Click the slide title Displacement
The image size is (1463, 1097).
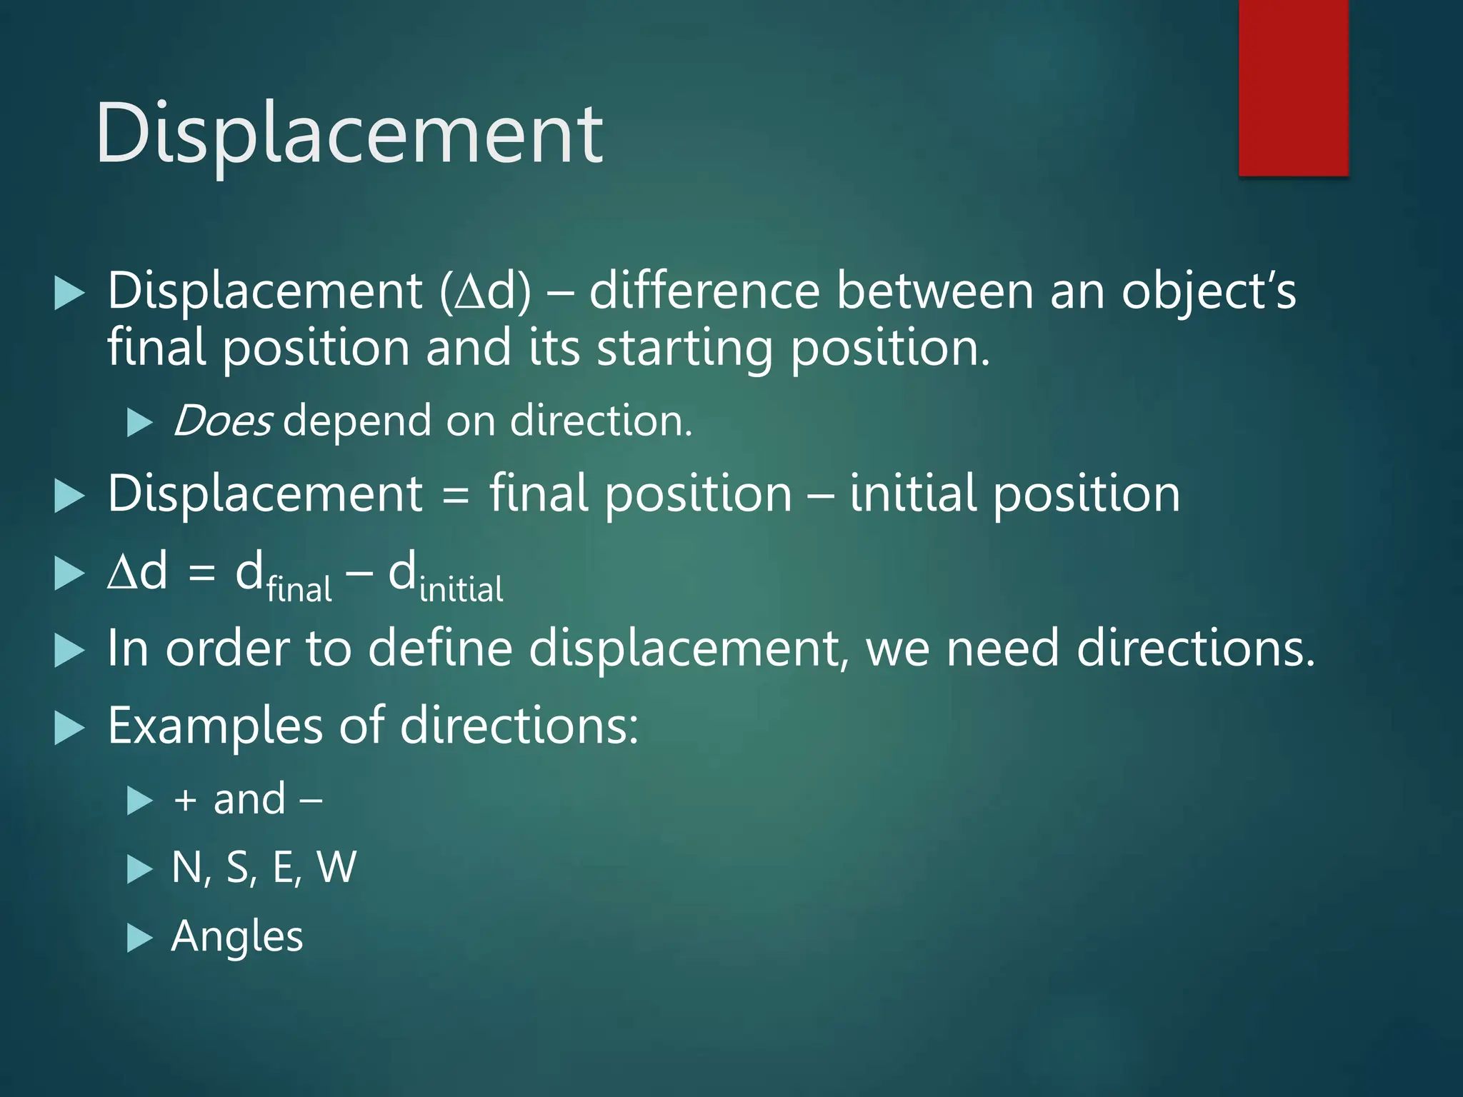point(349,134)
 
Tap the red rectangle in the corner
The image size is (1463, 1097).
point(1293,87)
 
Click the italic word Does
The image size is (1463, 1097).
point(222,421)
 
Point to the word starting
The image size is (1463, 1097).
point(685,348)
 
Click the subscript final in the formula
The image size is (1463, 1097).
point(299,590)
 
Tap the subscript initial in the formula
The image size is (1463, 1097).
point(461,590)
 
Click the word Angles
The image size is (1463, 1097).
point(237,936)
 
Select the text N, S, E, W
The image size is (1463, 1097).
point(264,867)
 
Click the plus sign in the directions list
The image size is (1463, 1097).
point(185,800)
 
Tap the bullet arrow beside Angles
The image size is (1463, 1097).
point(139,938)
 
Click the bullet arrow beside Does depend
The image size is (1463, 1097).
point(139,422)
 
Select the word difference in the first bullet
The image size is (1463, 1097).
point(704,291)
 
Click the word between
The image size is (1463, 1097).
point(935,291)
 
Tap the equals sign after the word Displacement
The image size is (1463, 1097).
point(456,495)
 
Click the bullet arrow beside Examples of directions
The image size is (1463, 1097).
point(69,728)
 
